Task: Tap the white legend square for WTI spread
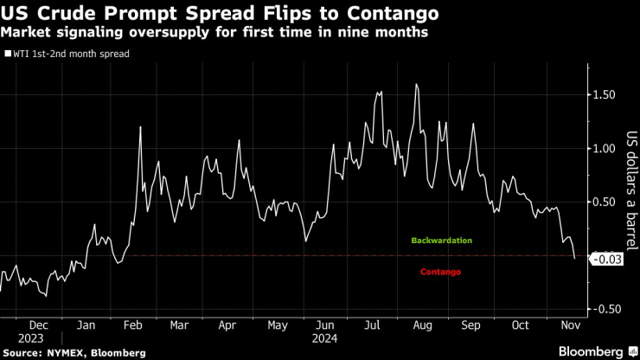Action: pyautogui.click(x=7, y=53)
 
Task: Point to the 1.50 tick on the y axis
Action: pyautogui.click(x=605, y=94)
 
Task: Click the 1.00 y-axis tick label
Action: pyautogui.click(x=605, y=148)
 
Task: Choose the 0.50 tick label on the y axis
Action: pyautogui.click(x=605, y=202)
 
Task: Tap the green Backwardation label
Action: pyautogui.click(x=441, y=240)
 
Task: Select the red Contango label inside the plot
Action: pyautogui.click(x=440, y=272)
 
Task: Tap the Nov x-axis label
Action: pyautogui.click(x=571, y=325)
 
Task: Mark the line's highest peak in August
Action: pyautogui.click(x=417, y=84)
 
